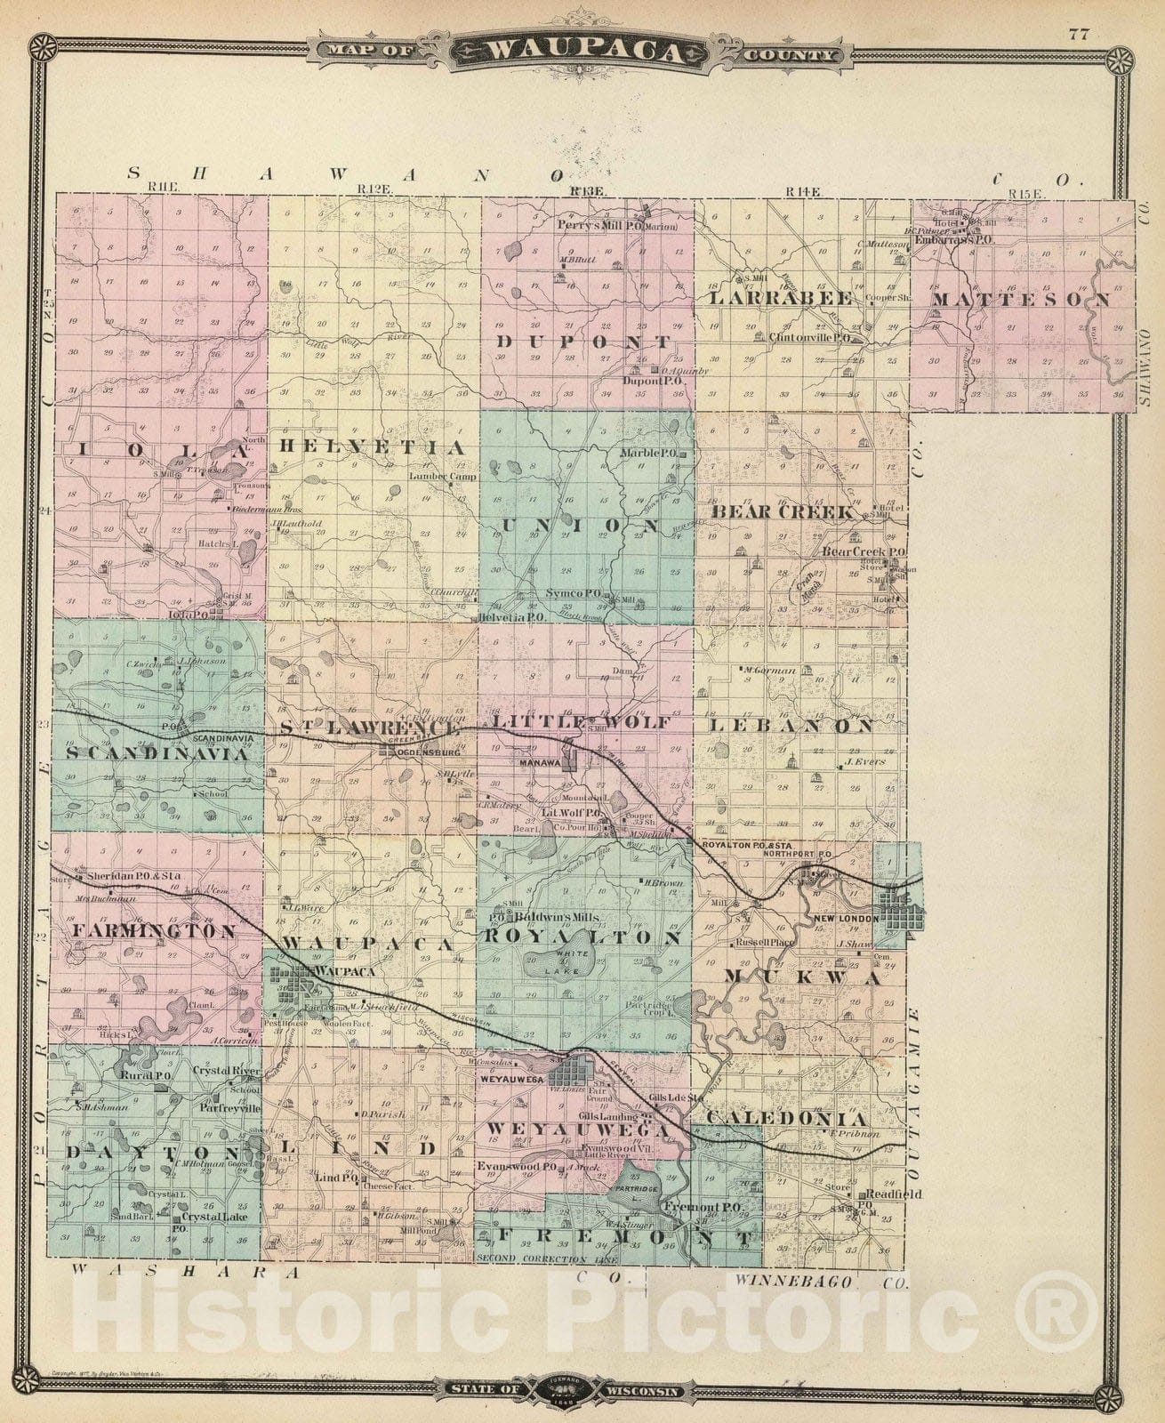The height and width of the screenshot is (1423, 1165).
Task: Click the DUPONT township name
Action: coord(583,342)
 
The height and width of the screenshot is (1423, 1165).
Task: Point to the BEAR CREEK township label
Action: coord(783,513)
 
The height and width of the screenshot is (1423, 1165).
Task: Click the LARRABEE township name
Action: coord(780,298)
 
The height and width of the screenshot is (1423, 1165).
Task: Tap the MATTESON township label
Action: coord(1021,300)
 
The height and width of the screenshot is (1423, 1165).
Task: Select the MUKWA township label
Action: coord(802,977)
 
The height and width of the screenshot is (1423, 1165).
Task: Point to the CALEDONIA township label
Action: coord(787,1119)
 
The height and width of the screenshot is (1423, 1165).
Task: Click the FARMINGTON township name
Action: coord(149,931)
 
